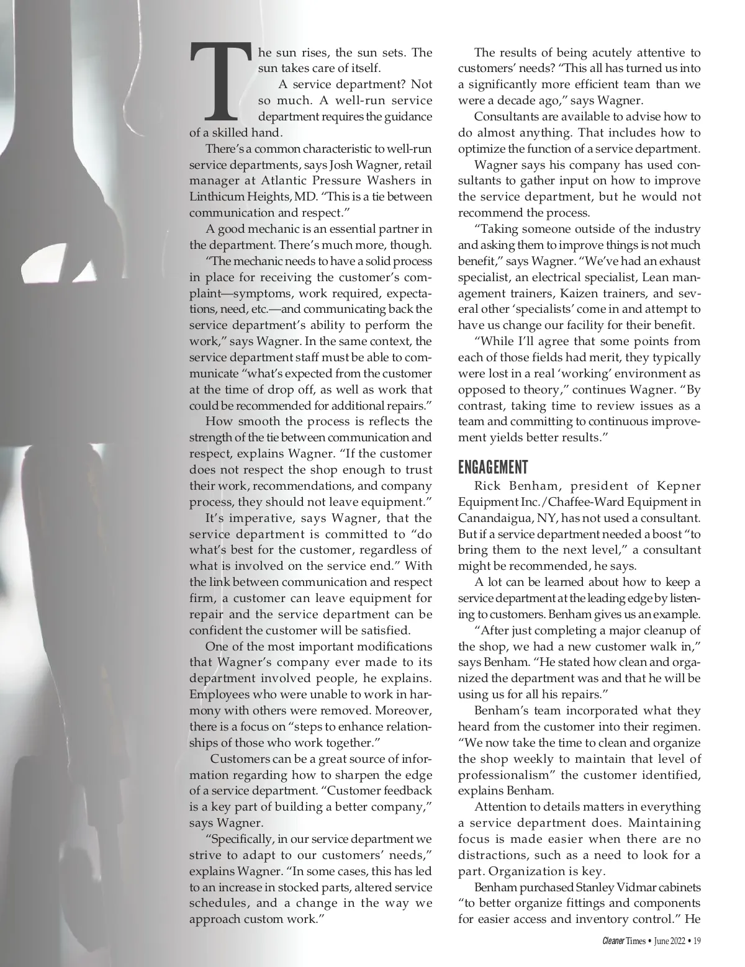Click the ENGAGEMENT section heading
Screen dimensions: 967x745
(493, 467)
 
